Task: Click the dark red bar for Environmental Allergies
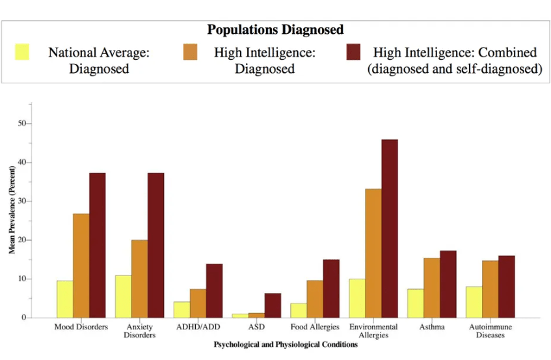390,228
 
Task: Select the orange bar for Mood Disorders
81,266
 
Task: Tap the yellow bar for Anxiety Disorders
123,296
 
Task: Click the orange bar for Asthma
432,288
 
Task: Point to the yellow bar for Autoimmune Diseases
474,302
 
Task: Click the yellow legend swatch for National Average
23,51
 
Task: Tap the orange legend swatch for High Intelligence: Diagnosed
190,51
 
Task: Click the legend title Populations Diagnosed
275,30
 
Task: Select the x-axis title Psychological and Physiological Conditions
286,344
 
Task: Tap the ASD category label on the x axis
256,327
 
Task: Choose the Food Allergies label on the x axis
315,327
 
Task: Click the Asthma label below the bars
432,327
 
